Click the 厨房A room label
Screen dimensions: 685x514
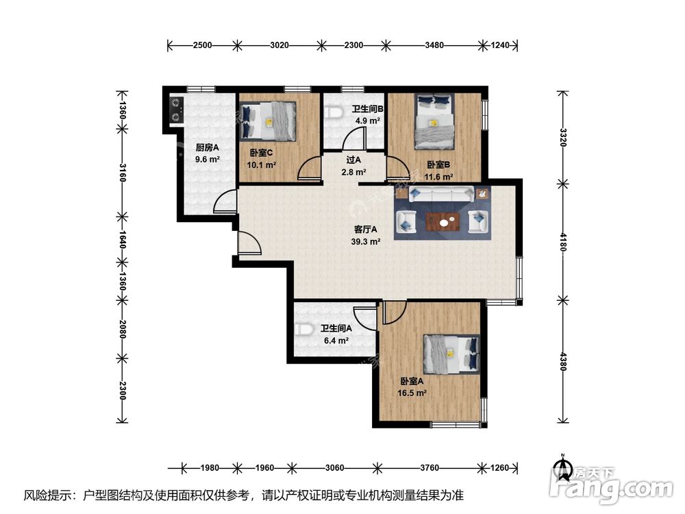207,148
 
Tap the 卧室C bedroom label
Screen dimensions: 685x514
261,153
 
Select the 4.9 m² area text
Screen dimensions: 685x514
367,120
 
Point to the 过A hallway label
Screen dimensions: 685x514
353,160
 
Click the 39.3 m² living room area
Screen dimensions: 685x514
366,241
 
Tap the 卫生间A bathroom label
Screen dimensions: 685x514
336,328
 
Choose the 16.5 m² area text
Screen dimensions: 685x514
412,393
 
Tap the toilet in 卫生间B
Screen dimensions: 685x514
334,112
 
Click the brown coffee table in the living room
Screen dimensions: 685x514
443,221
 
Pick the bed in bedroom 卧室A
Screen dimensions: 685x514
451,354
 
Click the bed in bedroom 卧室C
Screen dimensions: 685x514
267,121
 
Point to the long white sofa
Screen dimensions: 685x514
441,194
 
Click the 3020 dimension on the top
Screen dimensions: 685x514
279,45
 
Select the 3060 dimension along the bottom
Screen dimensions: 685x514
334,468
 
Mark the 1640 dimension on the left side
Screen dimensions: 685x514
123,240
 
